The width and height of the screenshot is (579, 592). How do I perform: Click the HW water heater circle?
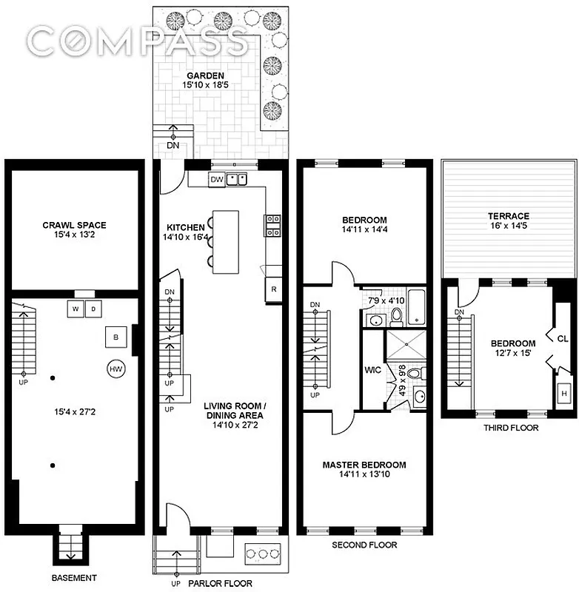click(x=116, y=368)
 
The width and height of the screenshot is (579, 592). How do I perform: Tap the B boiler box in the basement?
click(x=115, y=337)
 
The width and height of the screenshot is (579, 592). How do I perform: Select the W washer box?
click(x=77, y=308)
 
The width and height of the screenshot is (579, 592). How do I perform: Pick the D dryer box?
click(x=94, y=308)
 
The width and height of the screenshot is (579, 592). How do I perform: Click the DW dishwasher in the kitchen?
click(x=216, y=179)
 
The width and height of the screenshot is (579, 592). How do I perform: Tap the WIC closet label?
click(x=372, y=368)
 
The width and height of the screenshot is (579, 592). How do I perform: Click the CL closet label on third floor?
click(x=563, y=338)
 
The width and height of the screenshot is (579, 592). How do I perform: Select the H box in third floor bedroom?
click(x=564, y=394)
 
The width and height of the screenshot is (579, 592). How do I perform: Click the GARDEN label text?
click(x=205, y=75)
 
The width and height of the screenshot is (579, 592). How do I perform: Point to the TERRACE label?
click(x=508, y=216)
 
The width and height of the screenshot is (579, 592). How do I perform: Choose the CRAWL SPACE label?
click(x=74, y=225)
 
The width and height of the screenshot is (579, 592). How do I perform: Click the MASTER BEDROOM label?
click(x=364, y=465)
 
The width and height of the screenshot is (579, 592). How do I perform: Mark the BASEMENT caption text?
click(x=74, y=577)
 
